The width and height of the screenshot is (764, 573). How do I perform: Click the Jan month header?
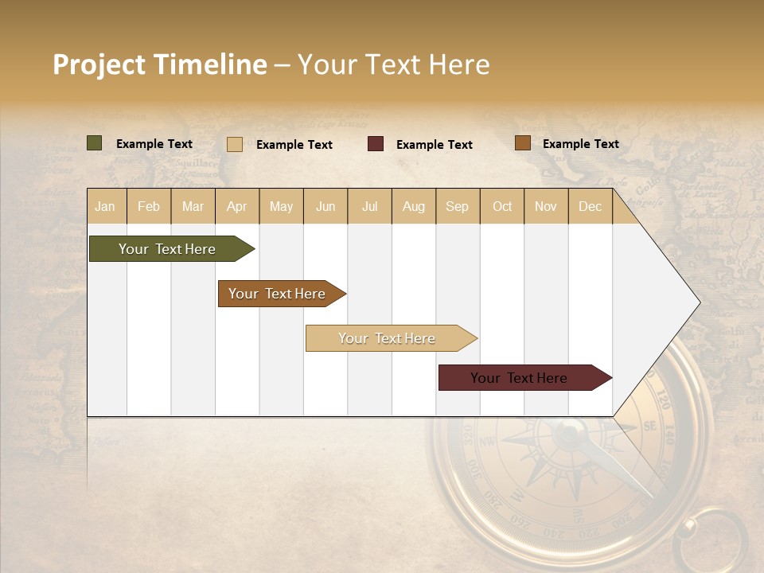[105, 206]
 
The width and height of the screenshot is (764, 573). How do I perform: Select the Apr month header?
[237, 206]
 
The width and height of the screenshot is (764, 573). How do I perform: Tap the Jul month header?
[369, 206]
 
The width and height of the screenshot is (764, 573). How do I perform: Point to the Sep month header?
[457, 206]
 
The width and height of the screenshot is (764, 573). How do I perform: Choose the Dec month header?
[590, 206]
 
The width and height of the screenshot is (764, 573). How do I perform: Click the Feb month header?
[149, 206]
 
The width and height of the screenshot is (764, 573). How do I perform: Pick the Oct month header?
[502, 206]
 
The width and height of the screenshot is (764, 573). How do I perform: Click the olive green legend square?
[95, 143]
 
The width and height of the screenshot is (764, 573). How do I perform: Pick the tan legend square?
[235, 144]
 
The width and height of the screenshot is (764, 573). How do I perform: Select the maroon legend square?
[376, 144]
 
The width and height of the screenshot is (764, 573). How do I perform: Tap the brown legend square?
[522, 143]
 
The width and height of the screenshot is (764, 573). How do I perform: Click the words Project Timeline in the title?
[160, 64]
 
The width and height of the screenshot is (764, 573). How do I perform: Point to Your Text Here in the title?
[393, 64]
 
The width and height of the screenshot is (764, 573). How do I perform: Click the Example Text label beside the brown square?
[580, 143]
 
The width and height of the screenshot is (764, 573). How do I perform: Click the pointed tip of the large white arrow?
[699, 302]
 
